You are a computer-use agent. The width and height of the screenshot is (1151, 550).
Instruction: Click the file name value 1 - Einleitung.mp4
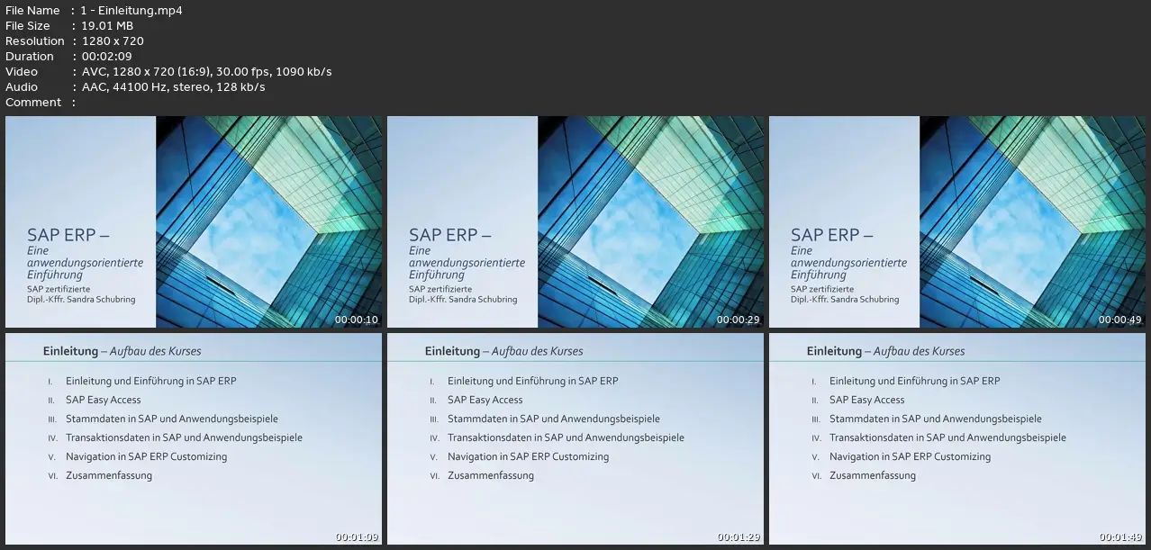pos(131,10)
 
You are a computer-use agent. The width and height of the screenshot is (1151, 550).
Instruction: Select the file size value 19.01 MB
pos(107,26)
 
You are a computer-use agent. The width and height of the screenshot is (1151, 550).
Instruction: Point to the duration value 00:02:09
pos(107,57)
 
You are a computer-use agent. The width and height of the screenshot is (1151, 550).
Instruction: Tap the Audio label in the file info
pos(22,87)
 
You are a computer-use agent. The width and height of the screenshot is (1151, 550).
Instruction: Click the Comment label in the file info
pos(33,103)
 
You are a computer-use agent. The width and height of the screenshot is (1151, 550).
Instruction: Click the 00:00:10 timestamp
pos(356,320)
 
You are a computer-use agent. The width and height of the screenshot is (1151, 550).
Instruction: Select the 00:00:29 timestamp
pos(738,320)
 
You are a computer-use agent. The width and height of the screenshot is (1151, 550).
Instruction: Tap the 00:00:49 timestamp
pos(1119,320)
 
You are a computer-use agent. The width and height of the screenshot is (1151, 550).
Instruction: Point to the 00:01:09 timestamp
pos(357,537)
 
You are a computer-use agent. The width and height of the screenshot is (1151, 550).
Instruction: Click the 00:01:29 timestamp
pos(739,537)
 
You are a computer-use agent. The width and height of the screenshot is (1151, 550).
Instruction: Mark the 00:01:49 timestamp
pos(1120,537)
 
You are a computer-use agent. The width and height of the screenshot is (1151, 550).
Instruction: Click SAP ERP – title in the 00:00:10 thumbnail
pos(68,235)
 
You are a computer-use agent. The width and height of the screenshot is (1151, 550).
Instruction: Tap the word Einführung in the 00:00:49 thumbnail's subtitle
pos(818,275)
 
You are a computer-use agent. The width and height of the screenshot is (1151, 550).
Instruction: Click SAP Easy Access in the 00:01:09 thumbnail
pos(104,400)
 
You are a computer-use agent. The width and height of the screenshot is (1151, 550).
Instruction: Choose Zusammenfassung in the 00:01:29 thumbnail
pos(491,476)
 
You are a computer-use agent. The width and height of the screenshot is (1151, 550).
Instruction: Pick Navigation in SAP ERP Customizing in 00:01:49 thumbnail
pos(910,457)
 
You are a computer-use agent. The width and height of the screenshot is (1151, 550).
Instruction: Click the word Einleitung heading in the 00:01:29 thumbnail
pos(452,351)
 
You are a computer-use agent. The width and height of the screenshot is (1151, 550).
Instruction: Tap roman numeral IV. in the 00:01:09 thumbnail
pos(52,438)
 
